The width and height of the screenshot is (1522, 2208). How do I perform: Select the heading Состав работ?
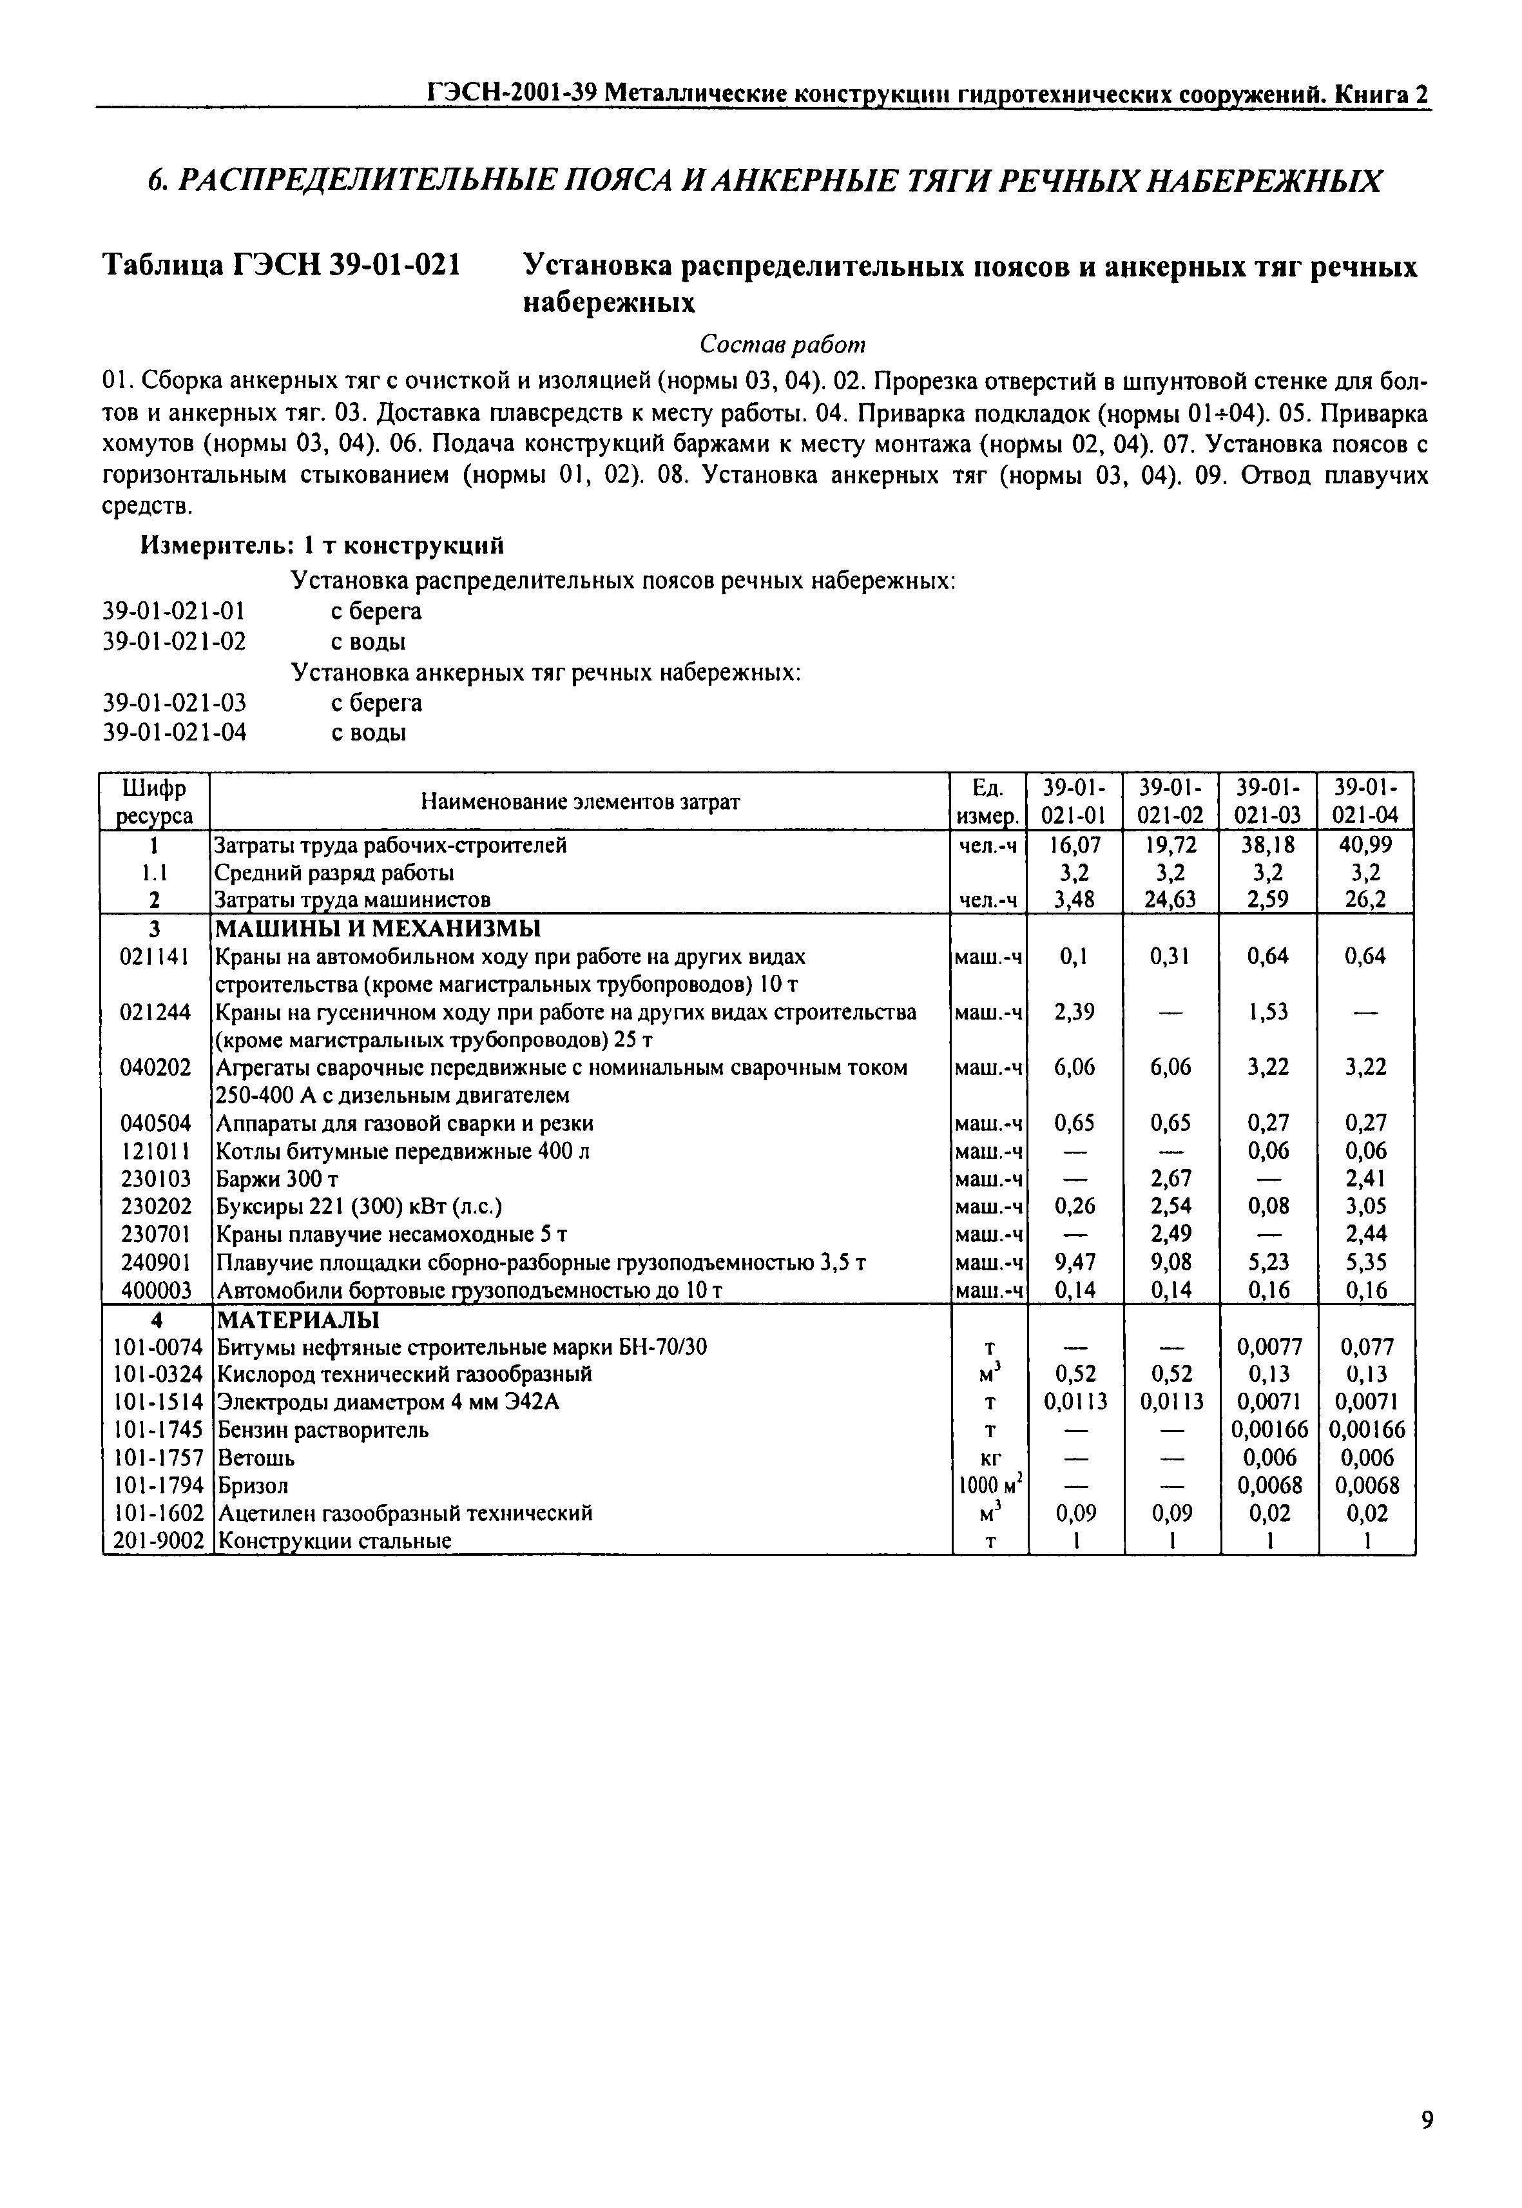point(782,344)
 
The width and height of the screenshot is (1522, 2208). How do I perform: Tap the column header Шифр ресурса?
point(155,801)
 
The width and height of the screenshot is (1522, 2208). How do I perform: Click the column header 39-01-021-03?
point(1267,801)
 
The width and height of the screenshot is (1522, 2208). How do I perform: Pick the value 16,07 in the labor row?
point(1075,844)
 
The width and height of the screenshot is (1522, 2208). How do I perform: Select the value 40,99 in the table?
point(1365,844)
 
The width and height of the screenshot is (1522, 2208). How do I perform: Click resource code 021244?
point(155,1011)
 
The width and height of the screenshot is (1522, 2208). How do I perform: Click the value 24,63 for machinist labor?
point(1170,900)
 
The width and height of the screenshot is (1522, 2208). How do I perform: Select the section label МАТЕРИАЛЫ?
point(298,1319)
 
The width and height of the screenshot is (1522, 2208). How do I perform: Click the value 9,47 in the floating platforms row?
point(1075,1263)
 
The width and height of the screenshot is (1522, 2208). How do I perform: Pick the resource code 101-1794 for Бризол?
point(155,1485)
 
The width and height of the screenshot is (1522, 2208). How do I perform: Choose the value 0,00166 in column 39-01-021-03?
point(1268,1429)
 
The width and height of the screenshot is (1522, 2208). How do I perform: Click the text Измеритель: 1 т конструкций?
point(322,546)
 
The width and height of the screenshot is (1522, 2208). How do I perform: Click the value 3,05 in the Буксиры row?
point(1365,1206)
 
